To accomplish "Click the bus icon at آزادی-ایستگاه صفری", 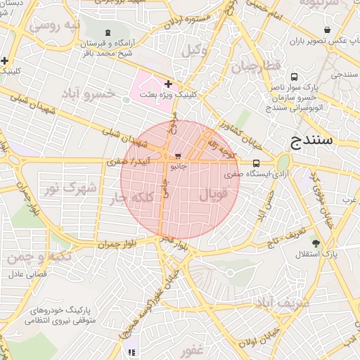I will coord(255,163).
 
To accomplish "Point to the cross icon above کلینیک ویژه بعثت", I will coord(167,84).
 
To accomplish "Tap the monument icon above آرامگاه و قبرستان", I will coord(107,32).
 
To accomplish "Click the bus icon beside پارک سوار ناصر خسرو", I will coord(292,77).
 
